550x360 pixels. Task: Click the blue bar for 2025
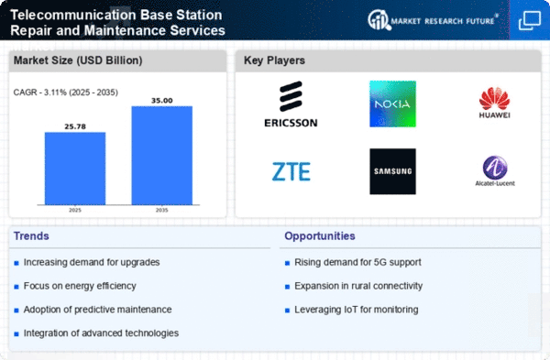coord(75,169)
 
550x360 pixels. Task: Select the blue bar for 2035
coord(162,156)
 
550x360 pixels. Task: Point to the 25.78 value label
coord(75,126)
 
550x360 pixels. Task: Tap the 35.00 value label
coord(162,101)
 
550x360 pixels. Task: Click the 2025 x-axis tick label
coord(75,210)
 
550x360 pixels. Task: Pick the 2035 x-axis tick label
coord(161,210)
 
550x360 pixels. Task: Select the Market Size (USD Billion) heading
coord(78,60)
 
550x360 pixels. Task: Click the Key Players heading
coord(274,60)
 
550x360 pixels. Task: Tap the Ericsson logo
coord(291,104)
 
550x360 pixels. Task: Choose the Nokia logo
coord(393,104)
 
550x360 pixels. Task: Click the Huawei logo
coord(495,103)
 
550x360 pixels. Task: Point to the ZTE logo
coord(291,171)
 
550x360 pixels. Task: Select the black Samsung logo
coord(393,171)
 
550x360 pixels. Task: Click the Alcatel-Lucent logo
coord(495,170)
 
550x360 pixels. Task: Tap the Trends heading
coord(31,236)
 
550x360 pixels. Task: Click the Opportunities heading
coord(320,236)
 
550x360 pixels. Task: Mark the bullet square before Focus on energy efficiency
coord(16,287)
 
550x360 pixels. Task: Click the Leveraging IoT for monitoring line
coord(357,310)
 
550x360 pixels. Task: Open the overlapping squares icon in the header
coord(530,20)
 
